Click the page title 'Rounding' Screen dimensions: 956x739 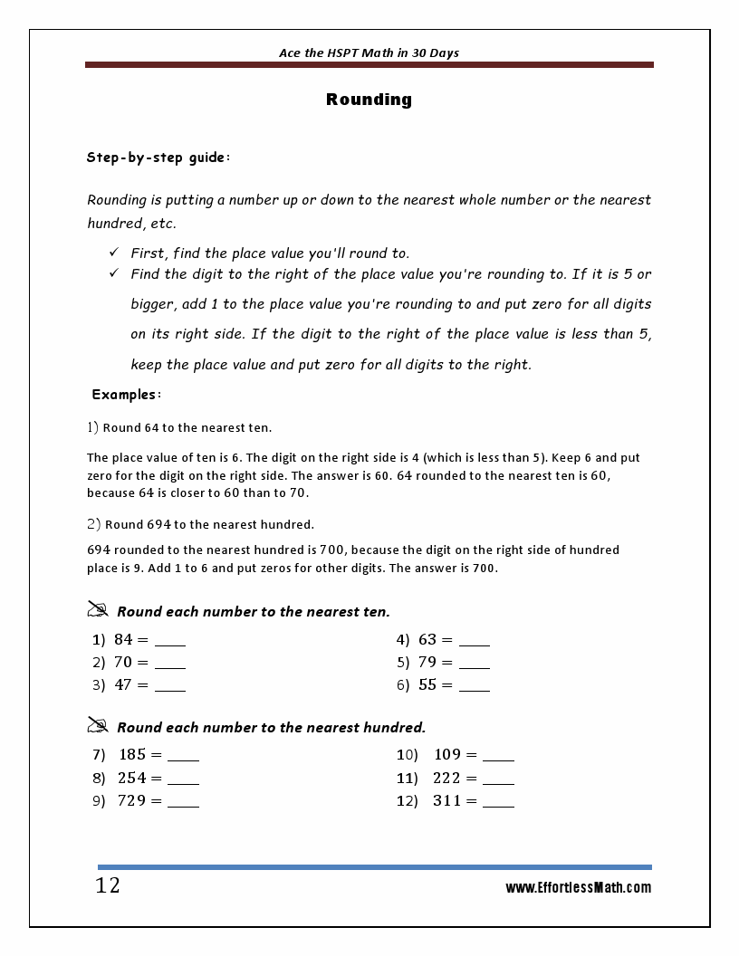[x=369, y=100]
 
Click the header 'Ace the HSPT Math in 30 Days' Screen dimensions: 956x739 [x=369, y=53]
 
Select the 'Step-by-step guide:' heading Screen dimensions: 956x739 [x=158, y=158]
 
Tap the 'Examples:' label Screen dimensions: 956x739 [x=127, y=395]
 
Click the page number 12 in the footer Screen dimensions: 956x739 [x=108, y=885]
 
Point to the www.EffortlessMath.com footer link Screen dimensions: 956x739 [x=578, y=888]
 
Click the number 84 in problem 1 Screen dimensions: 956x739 [x=123, y=640]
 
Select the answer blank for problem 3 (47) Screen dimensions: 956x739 [x=170, y=686]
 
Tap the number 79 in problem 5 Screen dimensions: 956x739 [x=427, y=663]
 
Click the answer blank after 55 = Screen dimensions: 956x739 [x=475, y=686]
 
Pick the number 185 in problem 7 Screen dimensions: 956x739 [x=132, y=755]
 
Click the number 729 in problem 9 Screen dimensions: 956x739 [x=131, y=801]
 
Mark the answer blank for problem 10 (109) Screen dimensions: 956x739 [x=498, y=756]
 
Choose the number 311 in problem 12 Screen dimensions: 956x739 [x=446, y=801]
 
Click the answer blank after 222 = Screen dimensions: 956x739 [x=498, y=779]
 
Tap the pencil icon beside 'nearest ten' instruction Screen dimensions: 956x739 [x=98, y=609]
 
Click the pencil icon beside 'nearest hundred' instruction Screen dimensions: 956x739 [x=98, y=725]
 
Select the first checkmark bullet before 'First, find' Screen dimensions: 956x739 [x=114, y=253]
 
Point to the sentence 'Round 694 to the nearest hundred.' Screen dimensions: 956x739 [x=209, y=524]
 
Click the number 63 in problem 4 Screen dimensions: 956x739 [x=427, y=640]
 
